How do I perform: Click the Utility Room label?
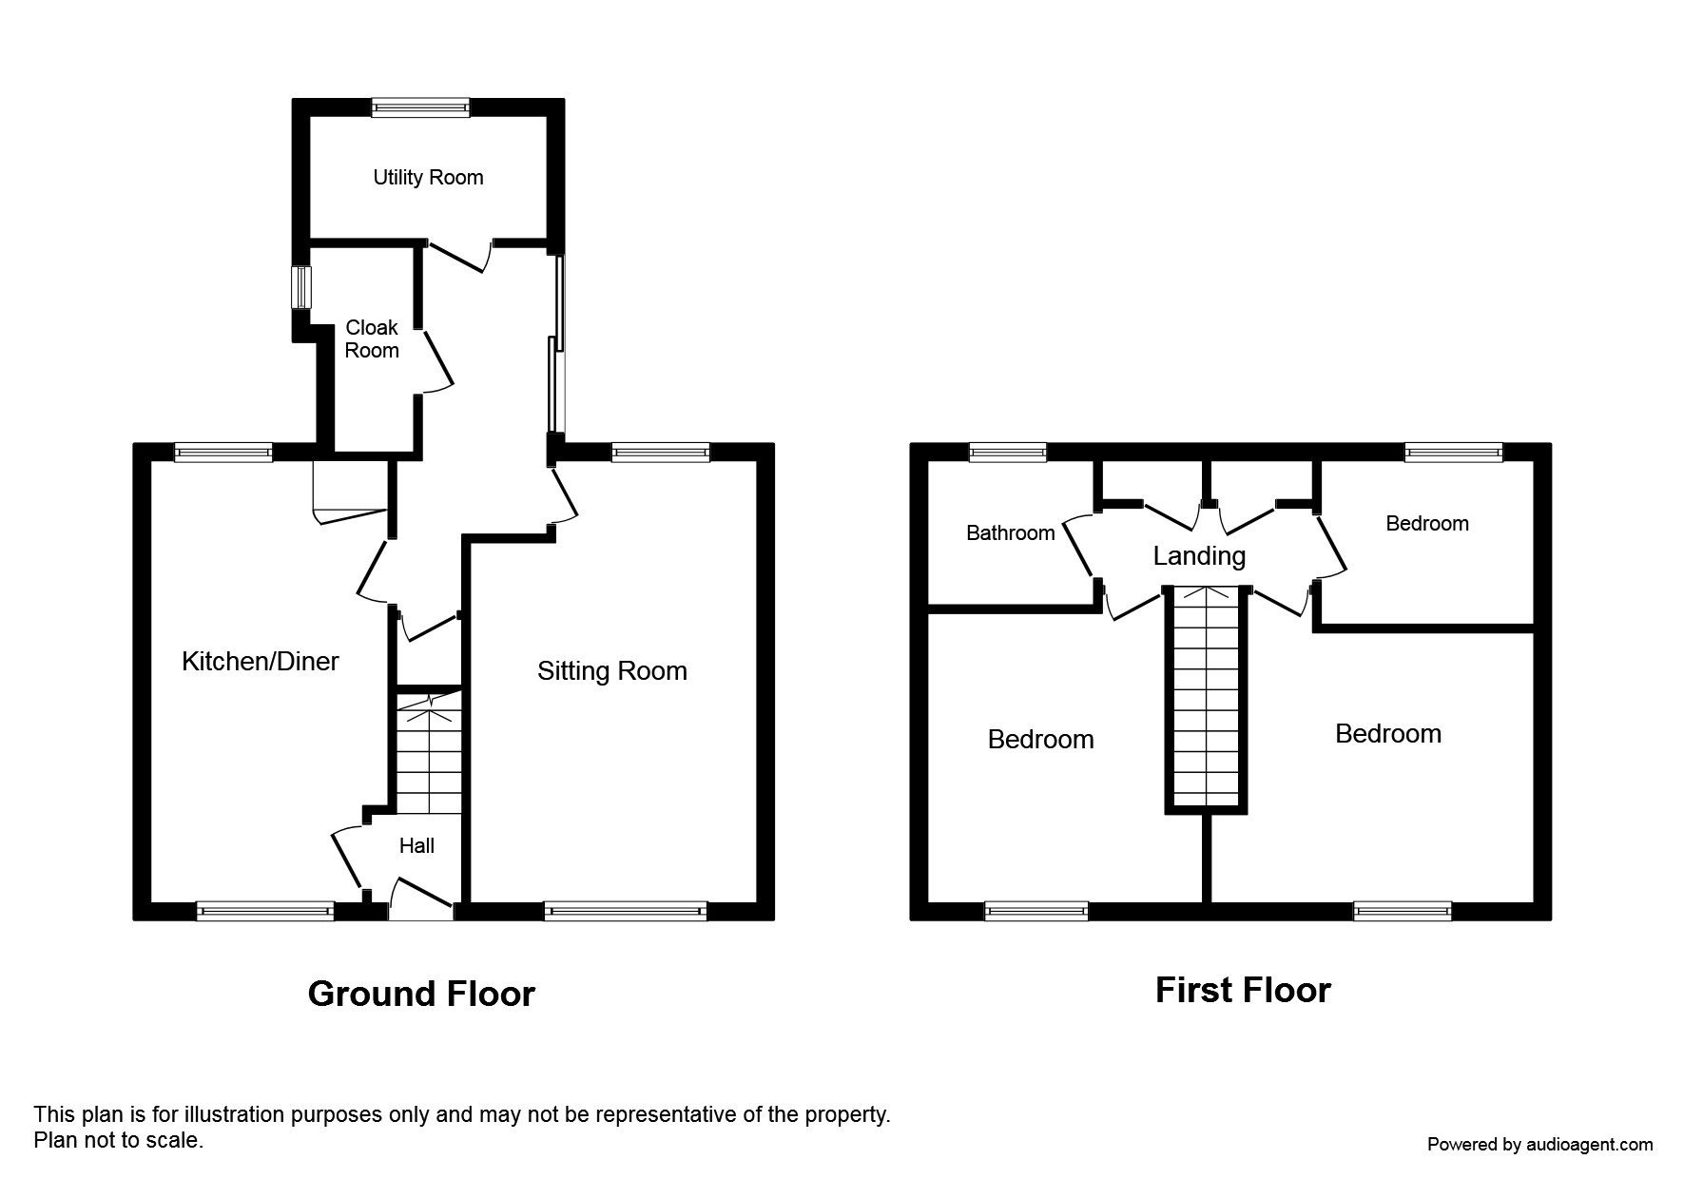pos(428,178)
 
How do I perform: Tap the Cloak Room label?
pos(372,338)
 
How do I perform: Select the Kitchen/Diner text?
pos(260,662)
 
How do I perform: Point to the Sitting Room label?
pos(611,671)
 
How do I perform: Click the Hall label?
pos(416,846)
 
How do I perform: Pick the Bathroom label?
pos(1010,533)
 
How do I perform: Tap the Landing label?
pos(1199,556)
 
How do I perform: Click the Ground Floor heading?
pos(421,995)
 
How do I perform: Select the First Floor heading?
pos(1242,991)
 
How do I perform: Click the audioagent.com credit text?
pos(1539,1145)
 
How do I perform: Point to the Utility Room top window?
pos(420,107)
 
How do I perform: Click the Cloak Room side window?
pos(300,286)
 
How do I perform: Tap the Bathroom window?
pos(1008,453)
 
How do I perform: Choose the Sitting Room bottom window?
pos(626,911)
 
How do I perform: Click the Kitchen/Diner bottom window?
pos(265,911)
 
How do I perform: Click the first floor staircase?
pos(1207,699)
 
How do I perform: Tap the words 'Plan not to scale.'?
pos(118,1140)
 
